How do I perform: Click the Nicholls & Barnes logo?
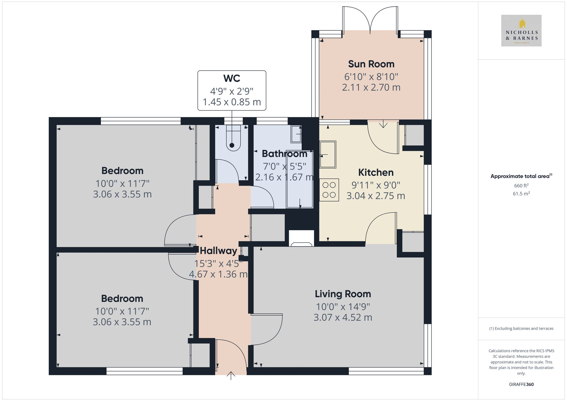(x=521, y=31)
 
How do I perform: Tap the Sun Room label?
(x=371, y=64)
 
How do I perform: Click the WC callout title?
(x=232, y=78)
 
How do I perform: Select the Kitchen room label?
(x=376, y=172)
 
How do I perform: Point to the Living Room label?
(x=343, y=294)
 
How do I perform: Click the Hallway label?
(x=218, y=251)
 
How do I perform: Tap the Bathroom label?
(x=284, y=154)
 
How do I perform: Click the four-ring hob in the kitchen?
(x=329, y=190)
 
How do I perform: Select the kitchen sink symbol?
(x=327, y=154)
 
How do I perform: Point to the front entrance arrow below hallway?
(x=231, y=375)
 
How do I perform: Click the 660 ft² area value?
(x=521, y=186)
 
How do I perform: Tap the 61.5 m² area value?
(x=521, y=194)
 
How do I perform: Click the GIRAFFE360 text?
(x=521, y=384)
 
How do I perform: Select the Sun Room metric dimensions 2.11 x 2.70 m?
(x=371, y=87)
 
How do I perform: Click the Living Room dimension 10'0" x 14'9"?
(x=343, y=307)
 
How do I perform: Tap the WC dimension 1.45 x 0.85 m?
(x=232, y=102)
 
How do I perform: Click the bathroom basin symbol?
(x=296, y=134)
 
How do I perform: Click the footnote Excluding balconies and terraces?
(x=521, y=328)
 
